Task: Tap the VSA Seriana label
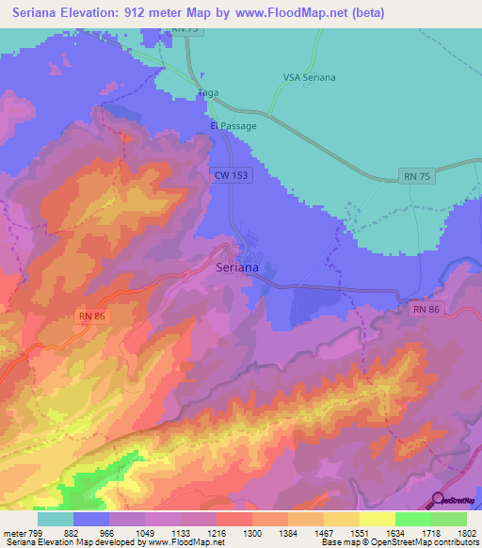click(309, 77)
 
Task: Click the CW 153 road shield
click(230, 176)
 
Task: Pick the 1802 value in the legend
click(466, 533)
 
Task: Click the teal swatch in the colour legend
click(56, 519)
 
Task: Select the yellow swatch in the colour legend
click(377, 519)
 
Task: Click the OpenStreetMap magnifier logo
click(439, 500)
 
